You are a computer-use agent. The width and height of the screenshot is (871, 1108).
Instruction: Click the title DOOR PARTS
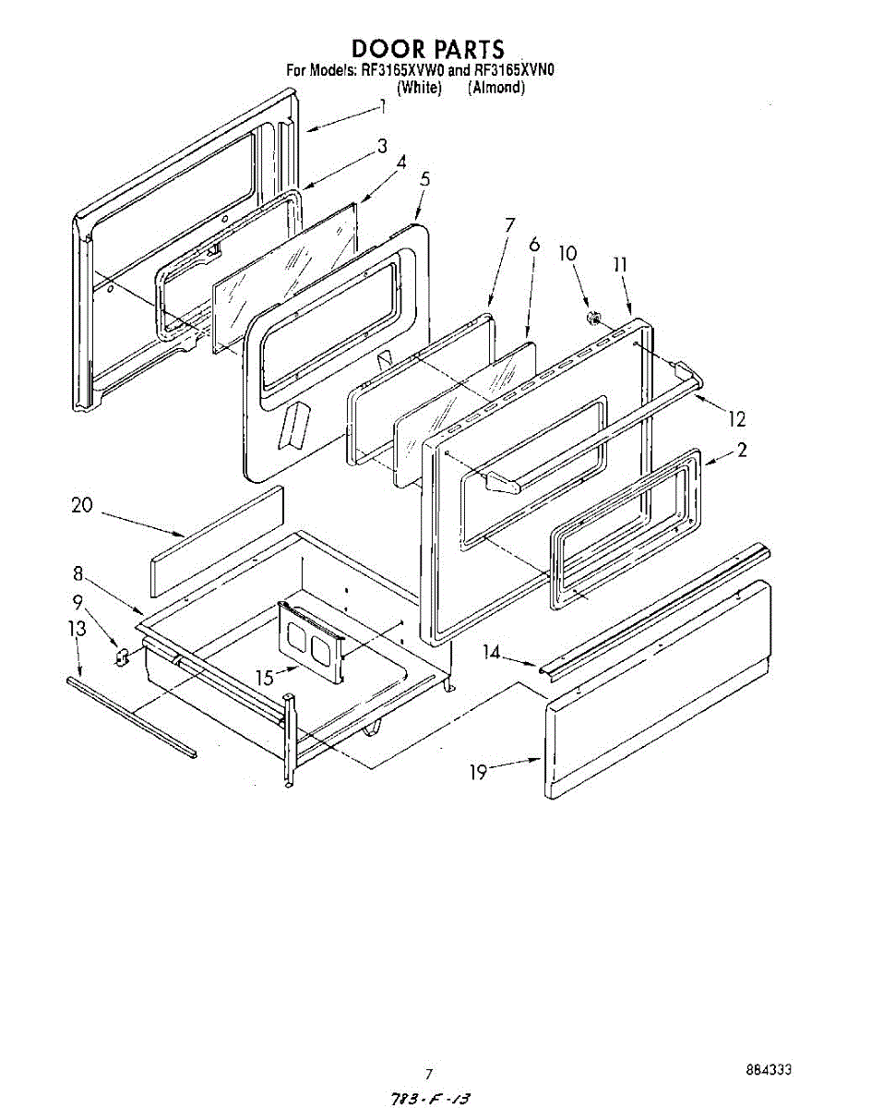coord(427,49)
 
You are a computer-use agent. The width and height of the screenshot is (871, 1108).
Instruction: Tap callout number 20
coord(82,505)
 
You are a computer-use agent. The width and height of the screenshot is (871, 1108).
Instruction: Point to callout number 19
coord(478,772)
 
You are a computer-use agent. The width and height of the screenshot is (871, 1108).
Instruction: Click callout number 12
coord(736,419)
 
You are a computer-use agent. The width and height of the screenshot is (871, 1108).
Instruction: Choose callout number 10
coord(568,253)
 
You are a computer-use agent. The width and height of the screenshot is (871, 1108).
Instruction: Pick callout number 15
coord(265,678)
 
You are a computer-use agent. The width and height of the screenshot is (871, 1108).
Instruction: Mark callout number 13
coord(77,629)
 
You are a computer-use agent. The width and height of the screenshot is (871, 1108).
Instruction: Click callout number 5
coord(424,179)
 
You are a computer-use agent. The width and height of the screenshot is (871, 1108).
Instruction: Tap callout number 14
coord(493,653)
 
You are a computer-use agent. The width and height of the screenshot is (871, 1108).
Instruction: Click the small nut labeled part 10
coord(592,319)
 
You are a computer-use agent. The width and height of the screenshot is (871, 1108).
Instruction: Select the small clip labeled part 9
coord(121,655)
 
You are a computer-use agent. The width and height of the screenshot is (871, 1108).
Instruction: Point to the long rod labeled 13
coord(131,717)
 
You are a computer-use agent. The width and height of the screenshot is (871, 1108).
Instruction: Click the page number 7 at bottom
coord(428,1074)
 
